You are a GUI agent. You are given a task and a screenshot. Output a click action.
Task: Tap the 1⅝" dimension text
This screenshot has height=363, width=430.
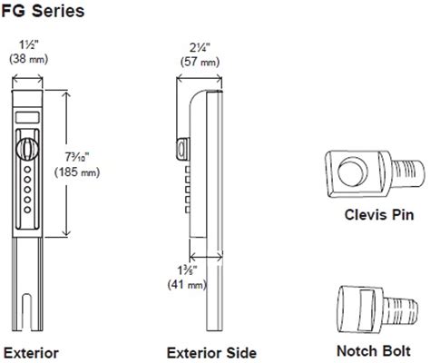pyautogui.click(x=185, y=270)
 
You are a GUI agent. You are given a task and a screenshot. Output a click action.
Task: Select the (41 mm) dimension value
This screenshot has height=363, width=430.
pyautogui.click(x=185, y=286)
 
